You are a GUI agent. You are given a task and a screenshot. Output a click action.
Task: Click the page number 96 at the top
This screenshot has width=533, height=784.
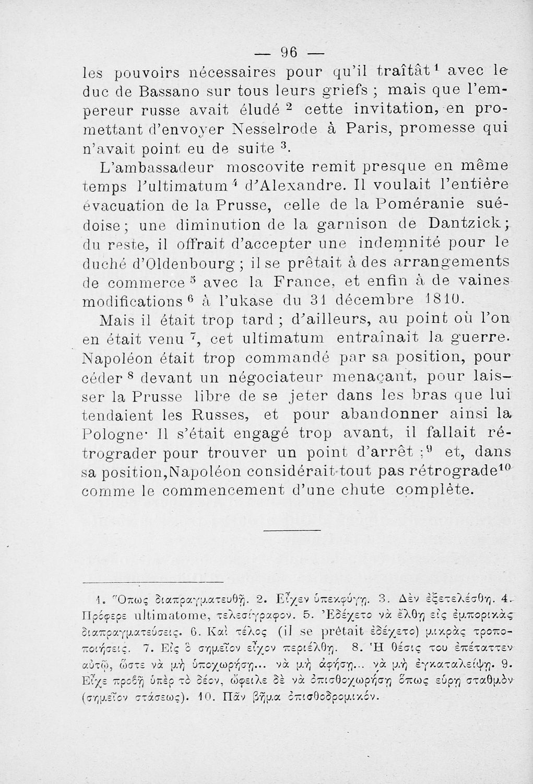pyautogui.click(x=289, y=52)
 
